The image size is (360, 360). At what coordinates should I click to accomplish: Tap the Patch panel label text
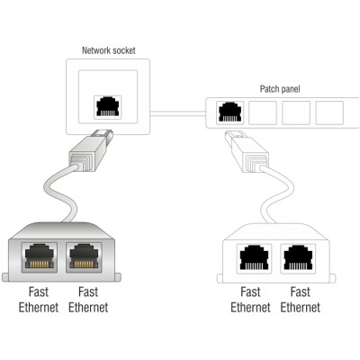click(279, 89)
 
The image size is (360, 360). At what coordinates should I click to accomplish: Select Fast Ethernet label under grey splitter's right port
click(88, 299)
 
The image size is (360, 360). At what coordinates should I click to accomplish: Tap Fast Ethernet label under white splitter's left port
click(249, 300)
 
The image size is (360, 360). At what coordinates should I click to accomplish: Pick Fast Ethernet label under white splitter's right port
click(300, 300)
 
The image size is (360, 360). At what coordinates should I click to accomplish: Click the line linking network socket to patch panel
click(180, 112)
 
